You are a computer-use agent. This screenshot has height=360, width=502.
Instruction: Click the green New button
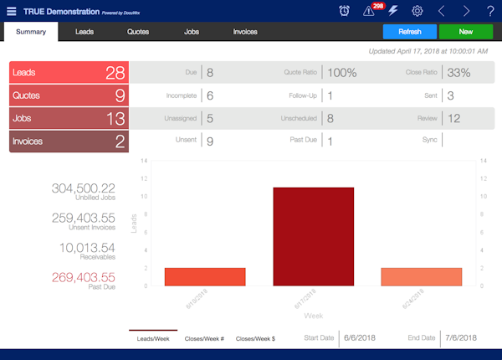tap(465, 32)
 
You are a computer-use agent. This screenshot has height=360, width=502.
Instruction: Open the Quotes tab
tap(138, 32)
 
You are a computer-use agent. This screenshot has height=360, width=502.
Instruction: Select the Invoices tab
tap(245, 32)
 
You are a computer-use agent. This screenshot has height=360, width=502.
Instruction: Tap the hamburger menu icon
tap(11, 10)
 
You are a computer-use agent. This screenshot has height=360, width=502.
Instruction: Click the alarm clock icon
tap(345, 11)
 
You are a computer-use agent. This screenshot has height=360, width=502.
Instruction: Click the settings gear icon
tap(417, 11)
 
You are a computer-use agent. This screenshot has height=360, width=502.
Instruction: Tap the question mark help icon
tap(490, 11)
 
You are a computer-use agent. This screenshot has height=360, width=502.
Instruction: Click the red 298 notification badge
tap(377, 6)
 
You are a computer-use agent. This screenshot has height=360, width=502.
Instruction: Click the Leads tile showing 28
tap(69, 73)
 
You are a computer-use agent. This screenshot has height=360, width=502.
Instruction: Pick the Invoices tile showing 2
tap(69, 141)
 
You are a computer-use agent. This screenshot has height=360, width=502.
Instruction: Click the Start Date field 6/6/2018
tap(360, 337)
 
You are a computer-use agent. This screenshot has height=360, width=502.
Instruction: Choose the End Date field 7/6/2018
tap(460, 337)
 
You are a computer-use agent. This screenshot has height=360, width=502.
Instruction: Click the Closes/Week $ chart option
tap(256, 338)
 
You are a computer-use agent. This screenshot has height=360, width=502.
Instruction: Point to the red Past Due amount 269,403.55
tap(84, 277)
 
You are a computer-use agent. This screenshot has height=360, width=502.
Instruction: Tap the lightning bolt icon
tap(393, 11)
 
